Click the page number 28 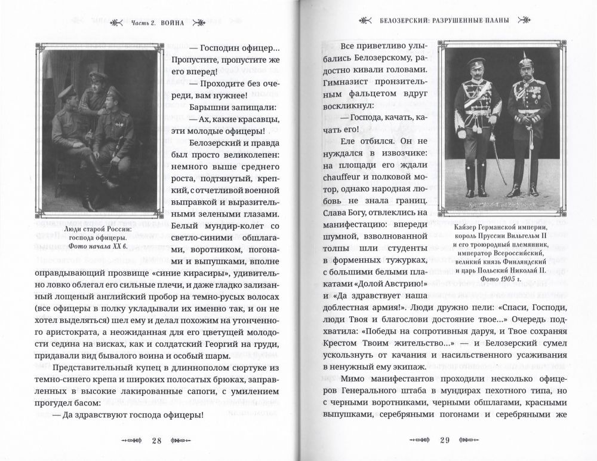[156, 441]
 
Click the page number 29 [444, 441]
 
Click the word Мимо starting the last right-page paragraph [356, 378]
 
